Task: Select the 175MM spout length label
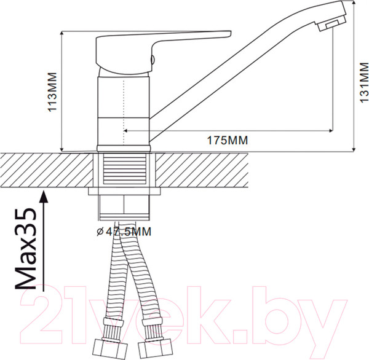227,140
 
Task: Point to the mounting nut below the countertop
124,209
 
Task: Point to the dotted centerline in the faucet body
125,104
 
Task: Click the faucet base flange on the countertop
124,147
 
